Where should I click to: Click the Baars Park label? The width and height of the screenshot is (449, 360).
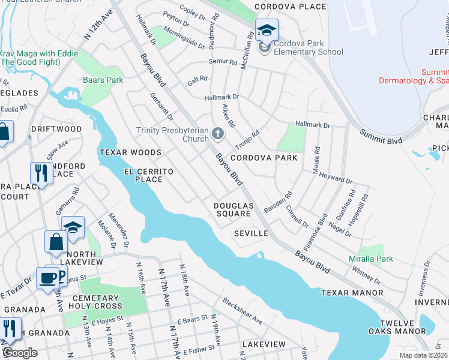tap(103, 79)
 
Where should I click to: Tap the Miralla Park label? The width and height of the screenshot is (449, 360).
tap(371, 259)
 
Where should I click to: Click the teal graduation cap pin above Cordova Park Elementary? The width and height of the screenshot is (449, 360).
tap(267, 29)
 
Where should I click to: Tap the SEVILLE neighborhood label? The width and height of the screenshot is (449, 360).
tap(250, 233)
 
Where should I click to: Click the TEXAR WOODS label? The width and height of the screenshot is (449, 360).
tap(130, 153)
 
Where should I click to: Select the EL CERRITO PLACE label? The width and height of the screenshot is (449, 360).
tap(148, 175)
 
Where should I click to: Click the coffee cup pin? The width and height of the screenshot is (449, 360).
tap(47, 278)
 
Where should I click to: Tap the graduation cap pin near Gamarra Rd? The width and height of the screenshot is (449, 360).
tap(73, 227)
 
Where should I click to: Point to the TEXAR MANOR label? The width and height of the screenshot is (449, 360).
tap(352, 293)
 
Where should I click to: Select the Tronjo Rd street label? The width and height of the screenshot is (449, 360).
tap(247, 141)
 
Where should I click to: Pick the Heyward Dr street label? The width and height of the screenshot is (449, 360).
tap(336, 178)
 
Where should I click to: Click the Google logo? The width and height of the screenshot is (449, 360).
tap(20, 353)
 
